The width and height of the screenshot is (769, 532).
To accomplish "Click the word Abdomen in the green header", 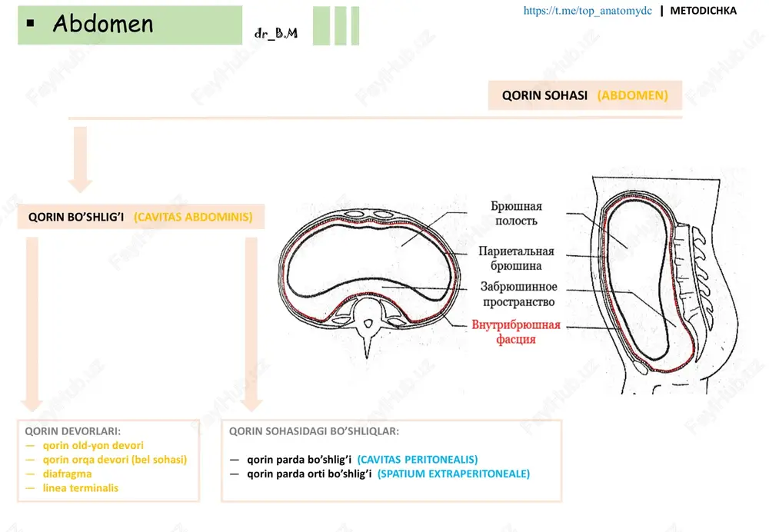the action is coord(103,24).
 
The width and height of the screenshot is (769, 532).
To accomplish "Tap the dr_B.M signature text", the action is coord(275,33).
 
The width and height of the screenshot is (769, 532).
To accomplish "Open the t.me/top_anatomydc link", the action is coord(588,11).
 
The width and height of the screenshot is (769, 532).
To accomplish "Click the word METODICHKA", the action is coord(704,10).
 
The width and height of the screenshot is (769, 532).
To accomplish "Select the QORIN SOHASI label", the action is coord(544,95).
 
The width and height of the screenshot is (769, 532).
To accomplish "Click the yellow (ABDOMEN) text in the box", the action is coord(633,95).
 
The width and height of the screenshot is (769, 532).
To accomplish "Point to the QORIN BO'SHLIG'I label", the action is coord(76,217).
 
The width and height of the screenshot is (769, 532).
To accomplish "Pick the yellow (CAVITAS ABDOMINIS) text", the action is coord(193,217).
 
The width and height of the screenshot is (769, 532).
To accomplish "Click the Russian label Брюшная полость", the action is coord(517,213).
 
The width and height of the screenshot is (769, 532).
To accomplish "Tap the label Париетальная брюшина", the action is coord(517,258).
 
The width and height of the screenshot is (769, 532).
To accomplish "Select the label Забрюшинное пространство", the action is coord(519,294).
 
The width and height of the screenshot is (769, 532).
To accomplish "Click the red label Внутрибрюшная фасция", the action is coord(516,332).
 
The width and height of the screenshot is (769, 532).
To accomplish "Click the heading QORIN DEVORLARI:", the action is coord(72,431).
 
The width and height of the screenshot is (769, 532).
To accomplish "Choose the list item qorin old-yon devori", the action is coord(93,445).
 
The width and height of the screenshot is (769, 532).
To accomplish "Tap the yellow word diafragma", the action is coord(67,474).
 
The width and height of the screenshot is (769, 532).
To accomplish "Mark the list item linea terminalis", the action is coord(81,488).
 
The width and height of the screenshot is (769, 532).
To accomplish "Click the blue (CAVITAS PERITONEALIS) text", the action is coord(418,460).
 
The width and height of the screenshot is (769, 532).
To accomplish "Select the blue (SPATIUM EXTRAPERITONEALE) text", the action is coord(454,474).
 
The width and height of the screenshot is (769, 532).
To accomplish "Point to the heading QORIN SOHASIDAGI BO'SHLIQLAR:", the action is coord(314,431).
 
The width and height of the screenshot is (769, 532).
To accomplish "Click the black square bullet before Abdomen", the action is coord(31,22).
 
